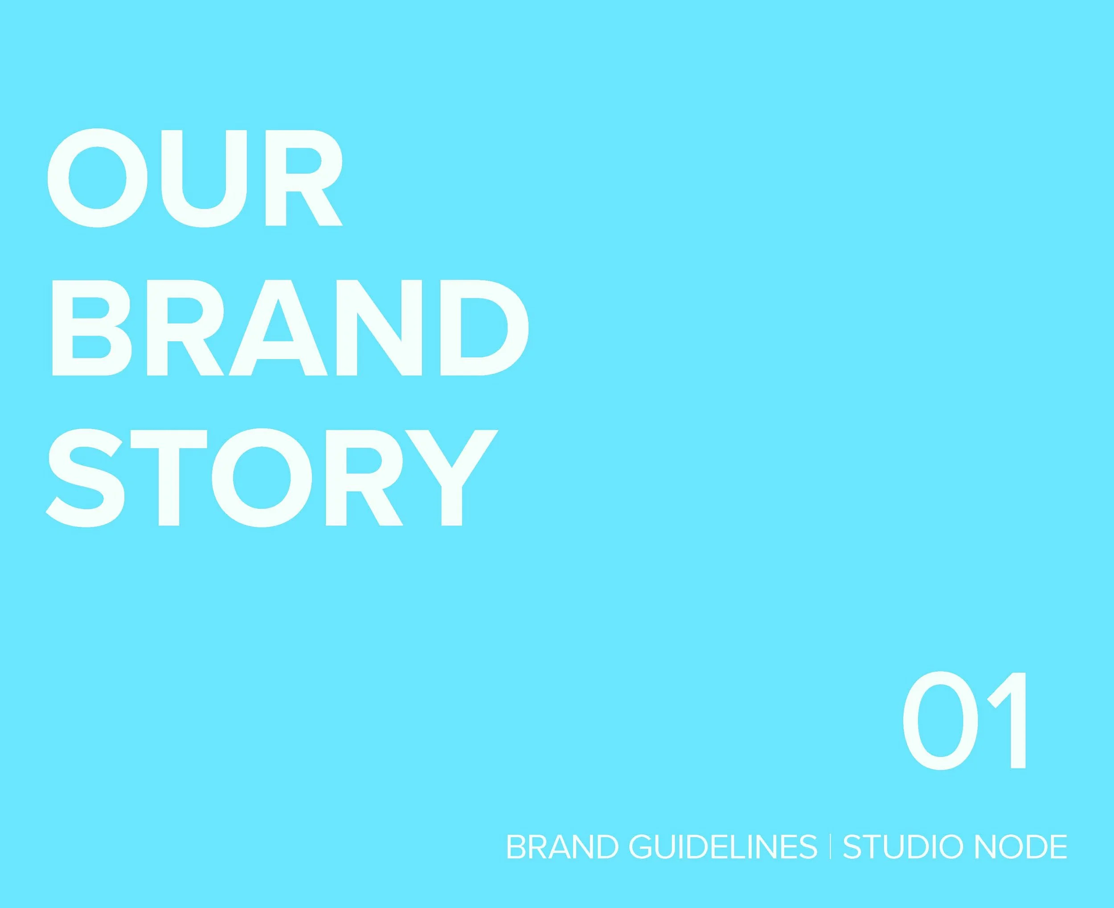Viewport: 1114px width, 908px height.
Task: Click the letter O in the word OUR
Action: pyautogui.click(x=97, y=178)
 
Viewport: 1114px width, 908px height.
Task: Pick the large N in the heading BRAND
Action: pyautogui.click(x=379, y=328)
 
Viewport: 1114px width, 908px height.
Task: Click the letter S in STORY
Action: pyautogui.click(x=85, y=478)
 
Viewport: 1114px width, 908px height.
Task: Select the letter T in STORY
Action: pyautogui.click(x=169, y=478)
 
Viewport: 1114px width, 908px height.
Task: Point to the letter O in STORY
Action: pyautogui.click(x=262, y=478)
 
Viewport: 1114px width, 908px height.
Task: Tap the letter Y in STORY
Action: pyautogui.click(x=451, y=478)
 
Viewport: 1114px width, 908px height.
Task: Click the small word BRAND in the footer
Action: pyautogui.click(x=563, y=847)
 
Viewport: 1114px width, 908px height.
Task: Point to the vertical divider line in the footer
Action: pyautogui.click(x=831, y=847)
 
